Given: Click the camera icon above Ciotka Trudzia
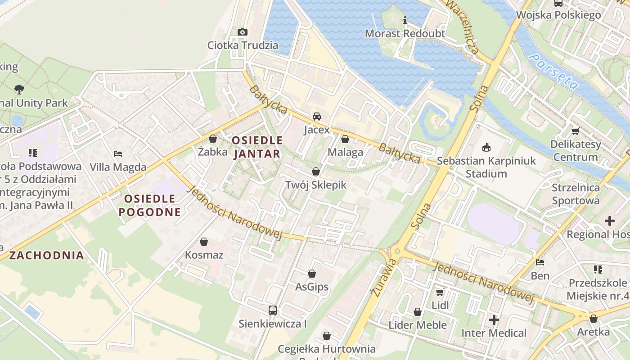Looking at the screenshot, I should click(x=242, y=32).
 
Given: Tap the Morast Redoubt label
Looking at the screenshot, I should click(x=405, y=33).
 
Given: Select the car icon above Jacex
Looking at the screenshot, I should click(x=317, y=117).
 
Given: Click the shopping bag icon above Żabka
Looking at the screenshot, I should click(x=213, y=138).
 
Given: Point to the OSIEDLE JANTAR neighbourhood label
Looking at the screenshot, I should click(x=257, y=147).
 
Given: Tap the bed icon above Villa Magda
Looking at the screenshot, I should click(x=118, y=154).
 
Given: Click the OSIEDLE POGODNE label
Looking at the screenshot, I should click(x=150, y=205).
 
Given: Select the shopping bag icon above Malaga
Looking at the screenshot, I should click(x=345, y=139).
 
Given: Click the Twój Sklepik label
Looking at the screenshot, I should click(x=316, y=184).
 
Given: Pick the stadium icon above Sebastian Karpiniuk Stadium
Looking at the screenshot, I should click(x=486, y=147).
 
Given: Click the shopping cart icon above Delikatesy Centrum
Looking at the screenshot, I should click(x=575, y=131).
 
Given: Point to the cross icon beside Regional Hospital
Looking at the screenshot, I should click(x=610, y=220).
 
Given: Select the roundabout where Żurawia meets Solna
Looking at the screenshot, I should click(x=395, y=251).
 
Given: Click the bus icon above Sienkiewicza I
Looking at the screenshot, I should click(x=273, y=310).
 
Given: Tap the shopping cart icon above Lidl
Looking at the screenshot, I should click(x=440, y=292).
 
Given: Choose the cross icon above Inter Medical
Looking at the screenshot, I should click(x=494, y=320).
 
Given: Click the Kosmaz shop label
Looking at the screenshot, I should click(x=204, y=255).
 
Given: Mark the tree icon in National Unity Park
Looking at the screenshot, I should click(x=19, y=89).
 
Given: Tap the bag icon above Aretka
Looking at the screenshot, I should click(x=594, y=319).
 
